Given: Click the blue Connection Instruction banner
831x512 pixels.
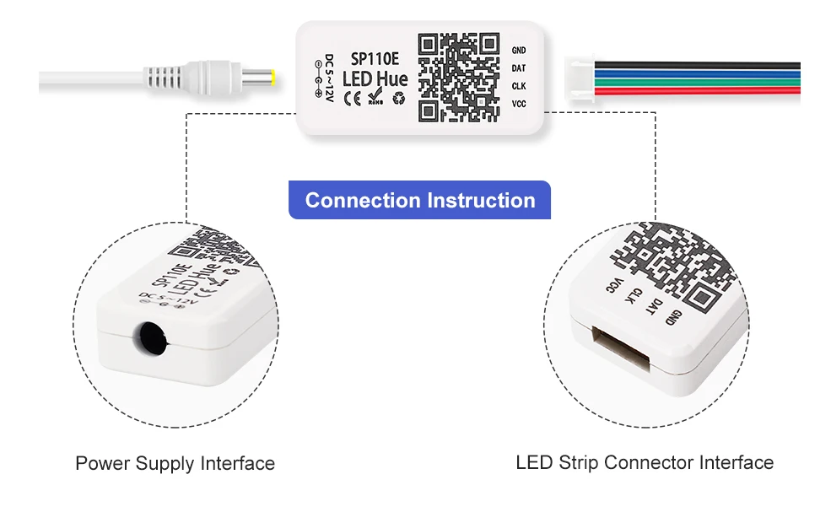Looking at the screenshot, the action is pyautogui.click(x=419, y=201).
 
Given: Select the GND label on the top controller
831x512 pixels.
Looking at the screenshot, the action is pyautogui.click(x=518, y=51).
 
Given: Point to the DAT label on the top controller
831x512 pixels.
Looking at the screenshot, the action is pyautogui.click(x=518, y=68).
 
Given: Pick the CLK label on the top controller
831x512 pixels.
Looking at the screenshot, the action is pyautogui.click(x=518, y=86).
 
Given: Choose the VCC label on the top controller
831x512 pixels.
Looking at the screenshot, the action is pyautogui.click(x=518, y=104).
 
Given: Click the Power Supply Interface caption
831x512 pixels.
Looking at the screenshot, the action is pyautogui.click(x=175, y=463).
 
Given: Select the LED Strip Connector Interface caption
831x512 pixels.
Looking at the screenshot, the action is pyautogui.click(x=644, y=462).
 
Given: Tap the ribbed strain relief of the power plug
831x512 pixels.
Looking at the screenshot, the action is pyautogui.click(x=169, y=80).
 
